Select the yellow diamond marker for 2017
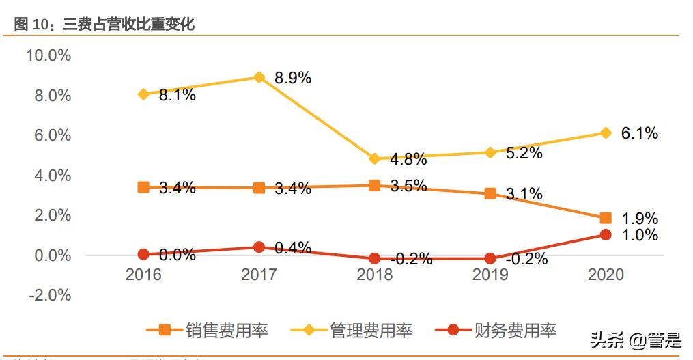click(259, 77)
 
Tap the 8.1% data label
click(177, 96)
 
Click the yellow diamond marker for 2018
click(374, 158)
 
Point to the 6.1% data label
click(639, 134)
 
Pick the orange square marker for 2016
click(143, 187)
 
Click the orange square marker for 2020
click(605, 218)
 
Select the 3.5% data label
click(408, 186)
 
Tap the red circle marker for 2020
click(605, 235)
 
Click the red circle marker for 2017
click(259, 247)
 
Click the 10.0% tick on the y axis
click(48, 55)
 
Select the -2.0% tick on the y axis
click(48, 295)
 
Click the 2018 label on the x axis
click(374, 275)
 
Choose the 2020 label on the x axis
click(605, 275)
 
